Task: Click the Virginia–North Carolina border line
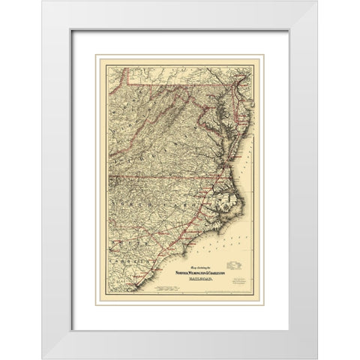click(x=172, y=176)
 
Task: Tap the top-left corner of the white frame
click(x=43, y=1)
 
